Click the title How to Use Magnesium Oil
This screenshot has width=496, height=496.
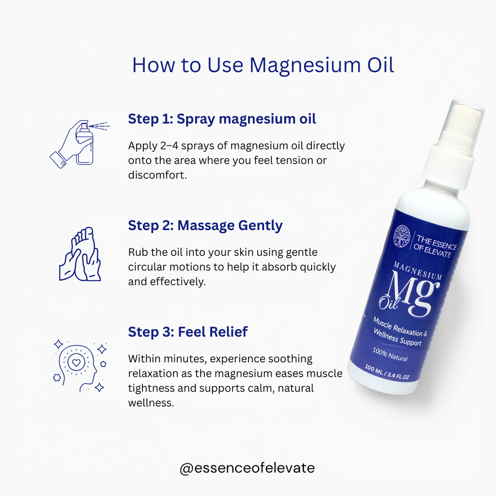(263, 65)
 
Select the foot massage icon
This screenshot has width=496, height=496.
(80, 255)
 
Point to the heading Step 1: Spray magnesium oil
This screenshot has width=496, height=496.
(222, 119)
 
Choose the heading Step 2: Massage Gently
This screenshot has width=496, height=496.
(205, 226)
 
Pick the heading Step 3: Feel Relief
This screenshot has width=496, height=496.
(188, 332)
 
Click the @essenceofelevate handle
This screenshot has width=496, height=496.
(247, 468)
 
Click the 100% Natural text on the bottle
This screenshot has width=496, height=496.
(390, 355)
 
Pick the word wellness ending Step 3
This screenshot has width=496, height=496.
(151, 403)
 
